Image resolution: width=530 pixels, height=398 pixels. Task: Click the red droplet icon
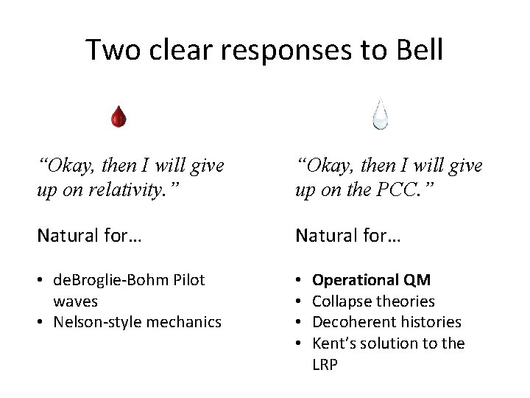[x=119, y=116]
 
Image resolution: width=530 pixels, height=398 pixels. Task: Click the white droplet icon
[x=380, y=115]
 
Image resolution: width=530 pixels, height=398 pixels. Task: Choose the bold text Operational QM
[x=372, y=280]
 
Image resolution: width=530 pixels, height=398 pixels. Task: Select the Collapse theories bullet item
[x=373, y=301]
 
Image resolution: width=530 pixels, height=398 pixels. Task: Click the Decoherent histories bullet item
[x=386, y=321]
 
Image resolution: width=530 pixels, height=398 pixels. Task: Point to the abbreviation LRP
[x=326, y=363]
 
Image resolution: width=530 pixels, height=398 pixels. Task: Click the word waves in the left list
[x=75, y=301]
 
